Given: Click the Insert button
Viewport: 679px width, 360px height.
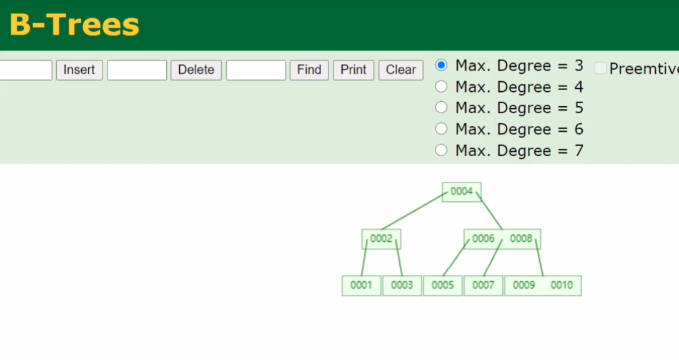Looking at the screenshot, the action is [79, 70].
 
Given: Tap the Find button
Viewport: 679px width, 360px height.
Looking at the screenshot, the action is [309, 70].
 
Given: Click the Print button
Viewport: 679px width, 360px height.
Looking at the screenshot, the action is [354, 70].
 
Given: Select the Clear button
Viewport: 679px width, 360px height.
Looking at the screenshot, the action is [401, 70].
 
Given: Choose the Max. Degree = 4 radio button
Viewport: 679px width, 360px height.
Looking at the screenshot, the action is [441, 87].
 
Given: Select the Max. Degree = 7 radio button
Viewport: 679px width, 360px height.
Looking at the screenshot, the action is [441, 151].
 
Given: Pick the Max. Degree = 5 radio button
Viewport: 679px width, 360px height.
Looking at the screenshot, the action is [441, 107].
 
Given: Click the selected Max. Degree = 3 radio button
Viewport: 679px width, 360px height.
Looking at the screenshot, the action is [441, 66].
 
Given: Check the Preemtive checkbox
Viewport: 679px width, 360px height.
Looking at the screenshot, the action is [601, 68].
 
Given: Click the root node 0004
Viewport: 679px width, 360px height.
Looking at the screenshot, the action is [462, 192].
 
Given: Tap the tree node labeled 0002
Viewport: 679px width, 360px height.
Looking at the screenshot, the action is [382, 239].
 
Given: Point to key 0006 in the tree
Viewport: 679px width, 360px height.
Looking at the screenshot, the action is [483, 239].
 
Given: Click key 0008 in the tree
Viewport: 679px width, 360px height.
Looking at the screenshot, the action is [521, 239].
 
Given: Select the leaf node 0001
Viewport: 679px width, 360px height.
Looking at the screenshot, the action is [362, 286].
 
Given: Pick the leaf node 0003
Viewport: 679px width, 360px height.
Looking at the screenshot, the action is [402, 286].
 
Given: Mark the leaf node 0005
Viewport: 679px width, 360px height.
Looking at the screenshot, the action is [442, 286].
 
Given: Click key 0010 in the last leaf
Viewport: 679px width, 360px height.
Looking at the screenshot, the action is [562, 285].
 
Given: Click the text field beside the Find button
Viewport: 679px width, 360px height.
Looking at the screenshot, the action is [256, 70].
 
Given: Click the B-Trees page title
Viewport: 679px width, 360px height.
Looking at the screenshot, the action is [74, 25].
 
